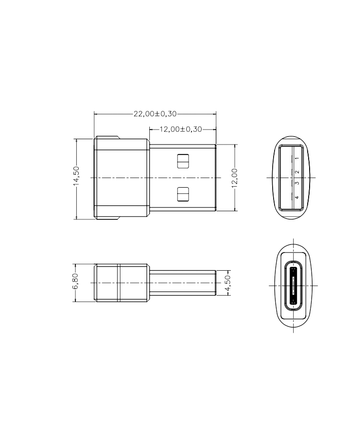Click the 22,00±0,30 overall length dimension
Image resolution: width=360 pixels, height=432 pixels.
(x=155, y=114)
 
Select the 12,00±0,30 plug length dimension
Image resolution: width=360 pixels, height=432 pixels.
(x=180, y=129)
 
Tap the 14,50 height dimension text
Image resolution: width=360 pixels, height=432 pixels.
(x=76, y=176)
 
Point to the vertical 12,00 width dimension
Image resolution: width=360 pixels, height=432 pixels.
(x=234, y=178)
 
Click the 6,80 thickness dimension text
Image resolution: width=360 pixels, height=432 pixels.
(x=75, y=281)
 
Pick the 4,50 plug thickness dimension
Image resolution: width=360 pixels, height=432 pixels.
(x=227, y=283)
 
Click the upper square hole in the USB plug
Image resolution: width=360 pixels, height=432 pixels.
(x=183, y=161)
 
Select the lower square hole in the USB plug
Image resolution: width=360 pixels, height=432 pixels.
(x=183, y=194)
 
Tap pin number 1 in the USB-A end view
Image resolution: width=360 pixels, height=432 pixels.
(x=297, y=158)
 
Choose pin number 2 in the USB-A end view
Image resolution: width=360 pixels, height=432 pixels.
(x=297, y=172)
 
